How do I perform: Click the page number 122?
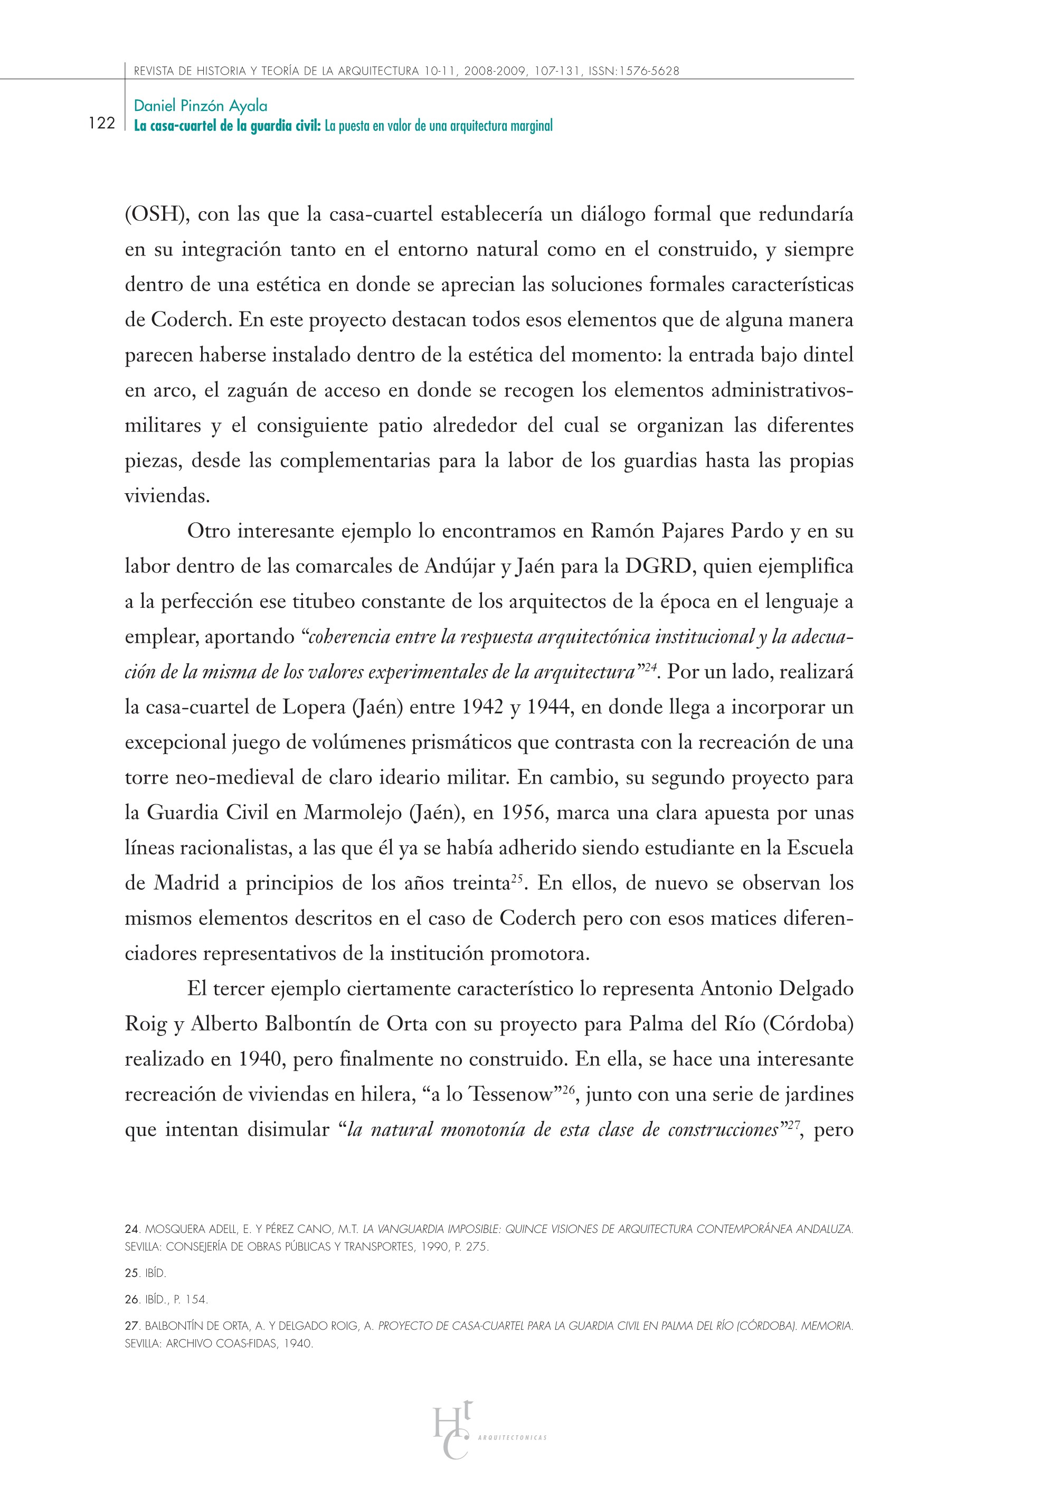102,123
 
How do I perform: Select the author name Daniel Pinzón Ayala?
200,106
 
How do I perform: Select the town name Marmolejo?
353,813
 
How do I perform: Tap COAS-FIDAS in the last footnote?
247,1344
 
